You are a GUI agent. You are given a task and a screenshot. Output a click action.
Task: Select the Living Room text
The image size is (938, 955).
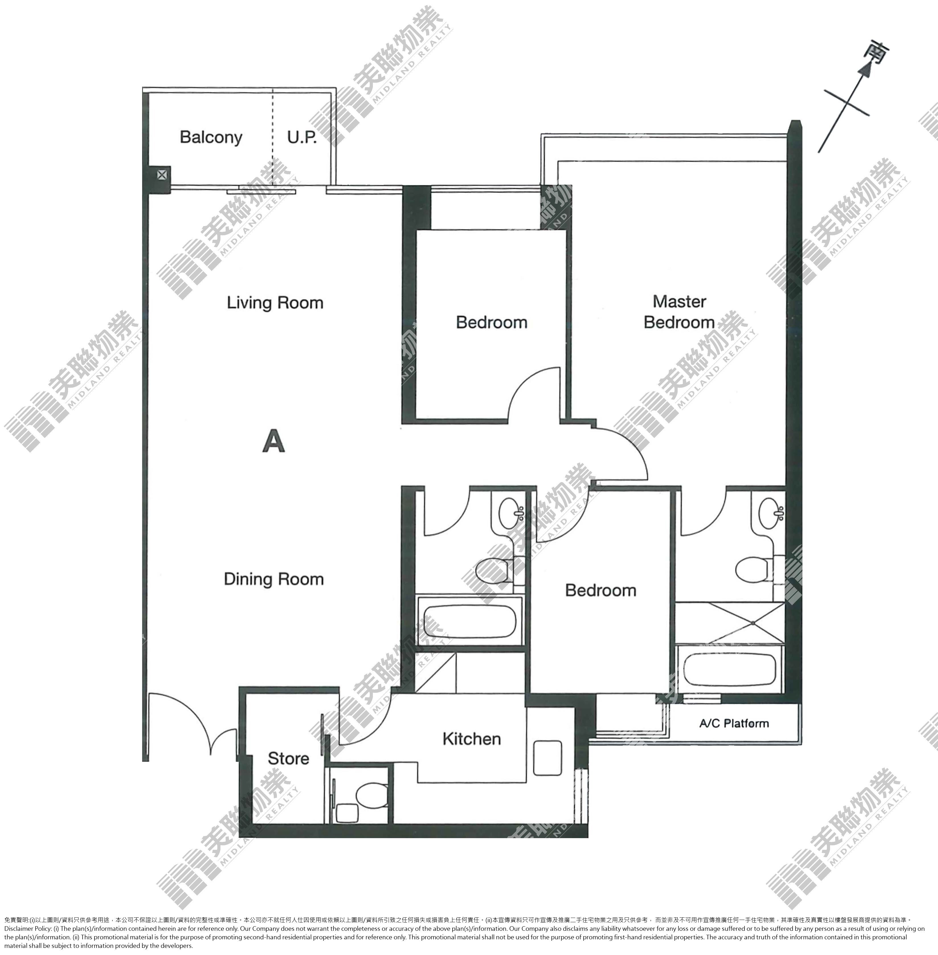click(275, 303)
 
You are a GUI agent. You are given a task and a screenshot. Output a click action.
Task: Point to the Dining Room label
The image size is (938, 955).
click(274, 579)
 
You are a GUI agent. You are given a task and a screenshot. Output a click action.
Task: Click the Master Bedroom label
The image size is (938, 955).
click(679, 312)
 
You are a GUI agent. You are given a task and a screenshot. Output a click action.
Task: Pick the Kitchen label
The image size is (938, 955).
click(471, 739)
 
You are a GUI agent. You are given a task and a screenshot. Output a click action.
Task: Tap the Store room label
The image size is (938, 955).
click(288, 758)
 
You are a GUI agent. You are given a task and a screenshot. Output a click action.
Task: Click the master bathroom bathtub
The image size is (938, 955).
click(729, 669)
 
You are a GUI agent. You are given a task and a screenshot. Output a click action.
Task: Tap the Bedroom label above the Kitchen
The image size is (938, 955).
click(600, 590)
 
